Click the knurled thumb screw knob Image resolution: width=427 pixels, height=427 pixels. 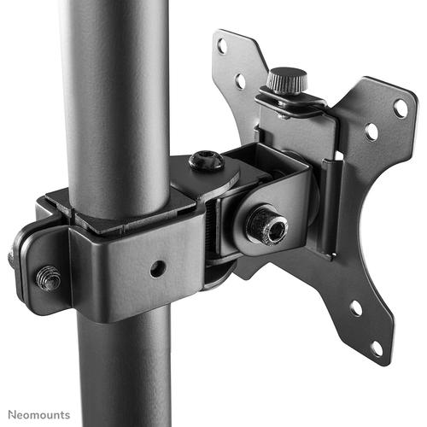(286, 81)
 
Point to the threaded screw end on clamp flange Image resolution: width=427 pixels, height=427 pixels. (47, 277)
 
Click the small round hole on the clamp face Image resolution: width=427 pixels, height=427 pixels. (156, 268)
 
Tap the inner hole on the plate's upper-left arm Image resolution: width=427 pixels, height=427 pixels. (240, 81)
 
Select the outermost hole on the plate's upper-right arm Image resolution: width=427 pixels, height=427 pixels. (400, 108)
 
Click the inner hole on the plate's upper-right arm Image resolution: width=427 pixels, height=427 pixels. (371, 132)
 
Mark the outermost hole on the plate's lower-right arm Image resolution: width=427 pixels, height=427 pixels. (376, 348)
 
